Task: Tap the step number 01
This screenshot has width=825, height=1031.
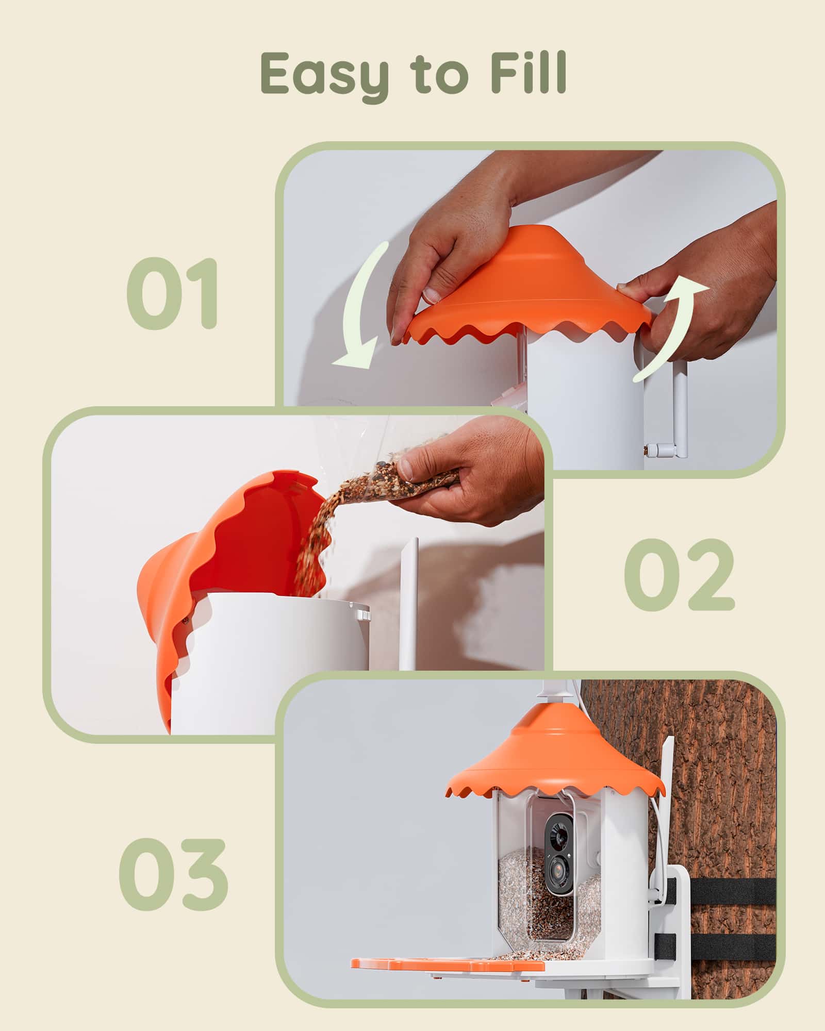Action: (173, 293)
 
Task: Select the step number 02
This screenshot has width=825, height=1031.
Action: (679, 574)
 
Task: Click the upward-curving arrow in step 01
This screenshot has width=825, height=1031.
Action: (668, 330)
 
